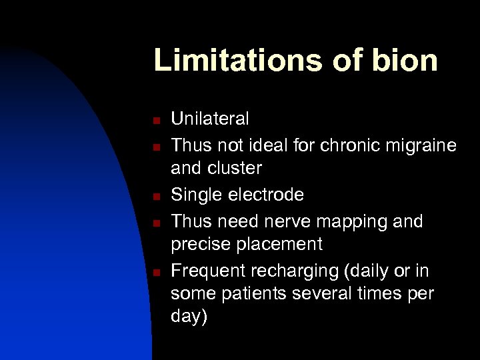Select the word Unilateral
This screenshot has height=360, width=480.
(x=210, y=119)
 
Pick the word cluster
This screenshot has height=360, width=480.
(x=234, y=169)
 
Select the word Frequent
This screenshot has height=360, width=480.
(x=207, y=271)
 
